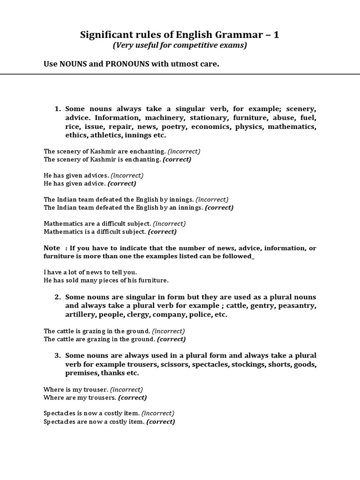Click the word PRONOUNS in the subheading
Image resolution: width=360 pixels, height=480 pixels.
coord(125,64)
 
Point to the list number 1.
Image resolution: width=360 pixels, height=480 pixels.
coord(58,109)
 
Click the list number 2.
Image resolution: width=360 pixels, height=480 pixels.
coord(58,297)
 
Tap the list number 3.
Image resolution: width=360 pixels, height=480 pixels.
coord(58,355)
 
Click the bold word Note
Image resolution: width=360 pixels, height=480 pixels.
coord(52,248)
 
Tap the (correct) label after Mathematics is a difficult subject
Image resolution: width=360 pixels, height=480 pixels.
coord(162,232)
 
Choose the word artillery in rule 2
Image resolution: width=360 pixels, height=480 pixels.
coord(81,315)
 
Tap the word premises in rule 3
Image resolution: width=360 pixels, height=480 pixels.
coord(82,373)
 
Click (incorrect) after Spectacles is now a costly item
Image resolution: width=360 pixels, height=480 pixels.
coord(158,413)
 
